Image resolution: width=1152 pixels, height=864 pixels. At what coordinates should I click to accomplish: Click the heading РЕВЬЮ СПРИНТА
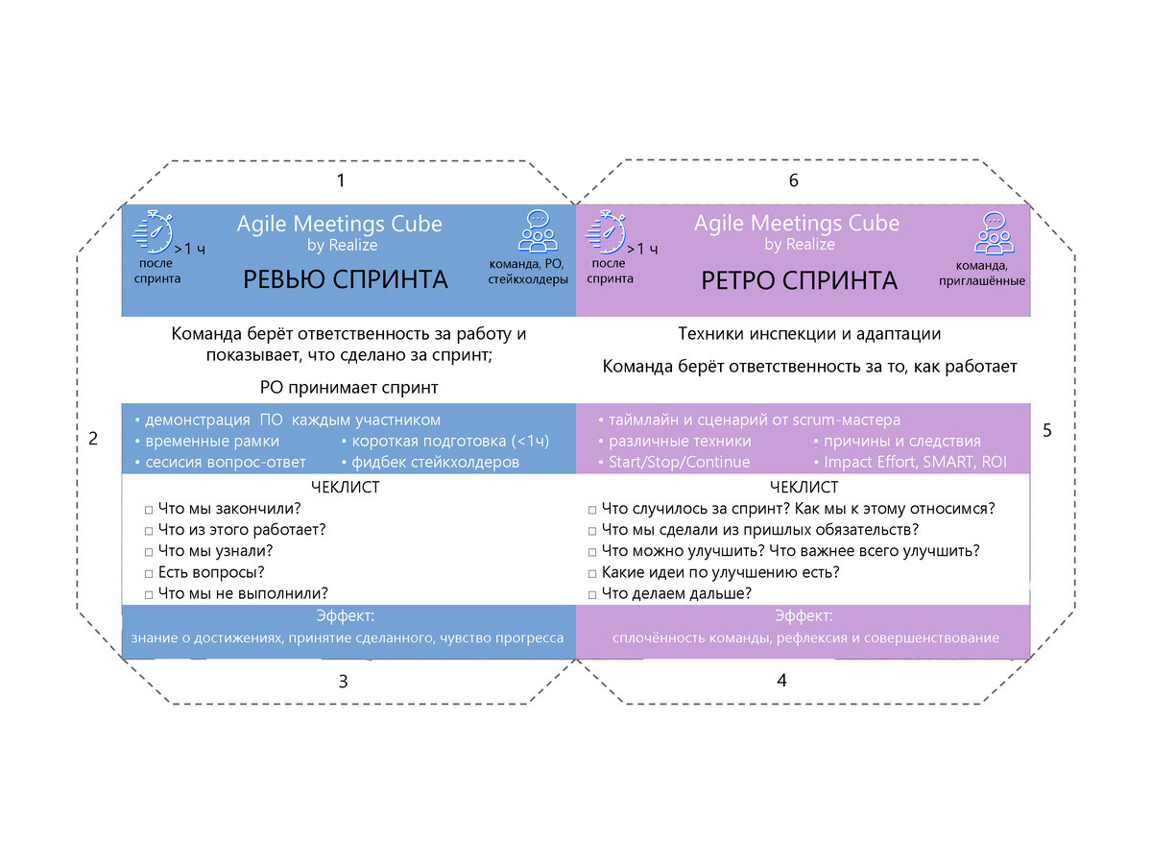pos(345,279)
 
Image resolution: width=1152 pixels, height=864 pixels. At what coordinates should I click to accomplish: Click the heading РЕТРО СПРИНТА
pos(800,280)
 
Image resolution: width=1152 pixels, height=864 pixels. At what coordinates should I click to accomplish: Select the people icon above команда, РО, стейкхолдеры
pos(539,231)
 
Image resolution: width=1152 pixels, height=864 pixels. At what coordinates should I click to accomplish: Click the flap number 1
pos(340,180)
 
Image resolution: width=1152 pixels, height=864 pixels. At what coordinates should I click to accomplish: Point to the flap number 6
pos(793,180)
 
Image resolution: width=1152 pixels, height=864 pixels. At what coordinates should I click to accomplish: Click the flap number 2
pos(93,439)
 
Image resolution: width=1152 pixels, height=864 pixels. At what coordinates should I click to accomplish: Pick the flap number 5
pos(1047,431)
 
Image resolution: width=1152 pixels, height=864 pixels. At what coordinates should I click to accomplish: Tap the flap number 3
pos(343,682)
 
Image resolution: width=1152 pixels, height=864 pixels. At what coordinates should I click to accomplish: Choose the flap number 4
pos(781,680)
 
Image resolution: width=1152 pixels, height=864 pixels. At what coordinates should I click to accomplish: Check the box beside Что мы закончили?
pos(149,509)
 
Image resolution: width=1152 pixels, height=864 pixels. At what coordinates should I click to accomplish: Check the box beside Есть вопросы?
pos(149,573)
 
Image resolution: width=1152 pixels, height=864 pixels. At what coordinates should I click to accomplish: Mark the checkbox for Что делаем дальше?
pos(593,594)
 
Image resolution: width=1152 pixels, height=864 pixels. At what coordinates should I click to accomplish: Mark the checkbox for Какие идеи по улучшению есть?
pos(593,573)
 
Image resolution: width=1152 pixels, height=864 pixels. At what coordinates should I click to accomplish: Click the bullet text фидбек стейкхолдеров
pos(434,463)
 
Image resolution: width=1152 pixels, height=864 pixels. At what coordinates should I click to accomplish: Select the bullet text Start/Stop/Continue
pos(679,463)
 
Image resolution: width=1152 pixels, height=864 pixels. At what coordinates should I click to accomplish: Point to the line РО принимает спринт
pos(348,388)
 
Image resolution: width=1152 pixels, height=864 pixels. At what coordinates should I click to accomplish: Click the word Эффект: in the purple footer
pos(803,615)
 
